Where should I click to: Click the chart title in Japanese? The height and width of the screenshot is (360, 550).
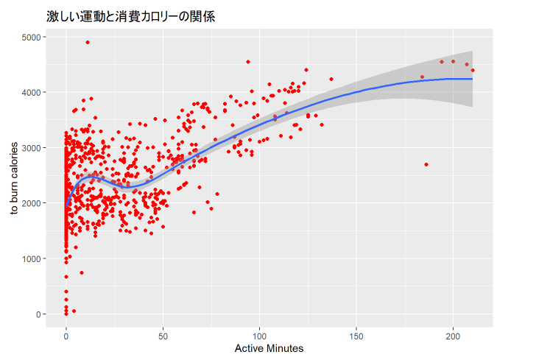point(130,15)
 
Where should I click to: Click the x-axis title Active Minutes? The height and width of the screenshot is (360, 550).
point(269,347)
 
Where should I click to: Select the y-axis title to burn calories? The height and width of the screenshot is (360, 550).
point(14,174)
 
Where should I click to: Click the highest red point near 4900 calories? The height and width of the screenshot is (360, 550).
point(88,42)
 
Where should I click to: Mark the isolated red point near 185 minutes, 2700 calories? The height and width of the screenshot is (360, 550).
point(426,164)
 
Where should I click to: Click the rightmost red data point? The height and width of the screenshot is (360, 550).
point(473,71)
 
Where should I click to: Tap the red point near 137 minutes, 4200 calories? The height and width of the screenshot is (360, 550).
point(331,79)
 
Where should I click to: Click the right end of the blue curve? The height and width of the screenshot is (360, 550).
point(471,79)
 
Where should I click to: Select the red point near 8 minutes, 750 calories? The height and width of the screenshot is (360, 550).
point(82,272)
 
